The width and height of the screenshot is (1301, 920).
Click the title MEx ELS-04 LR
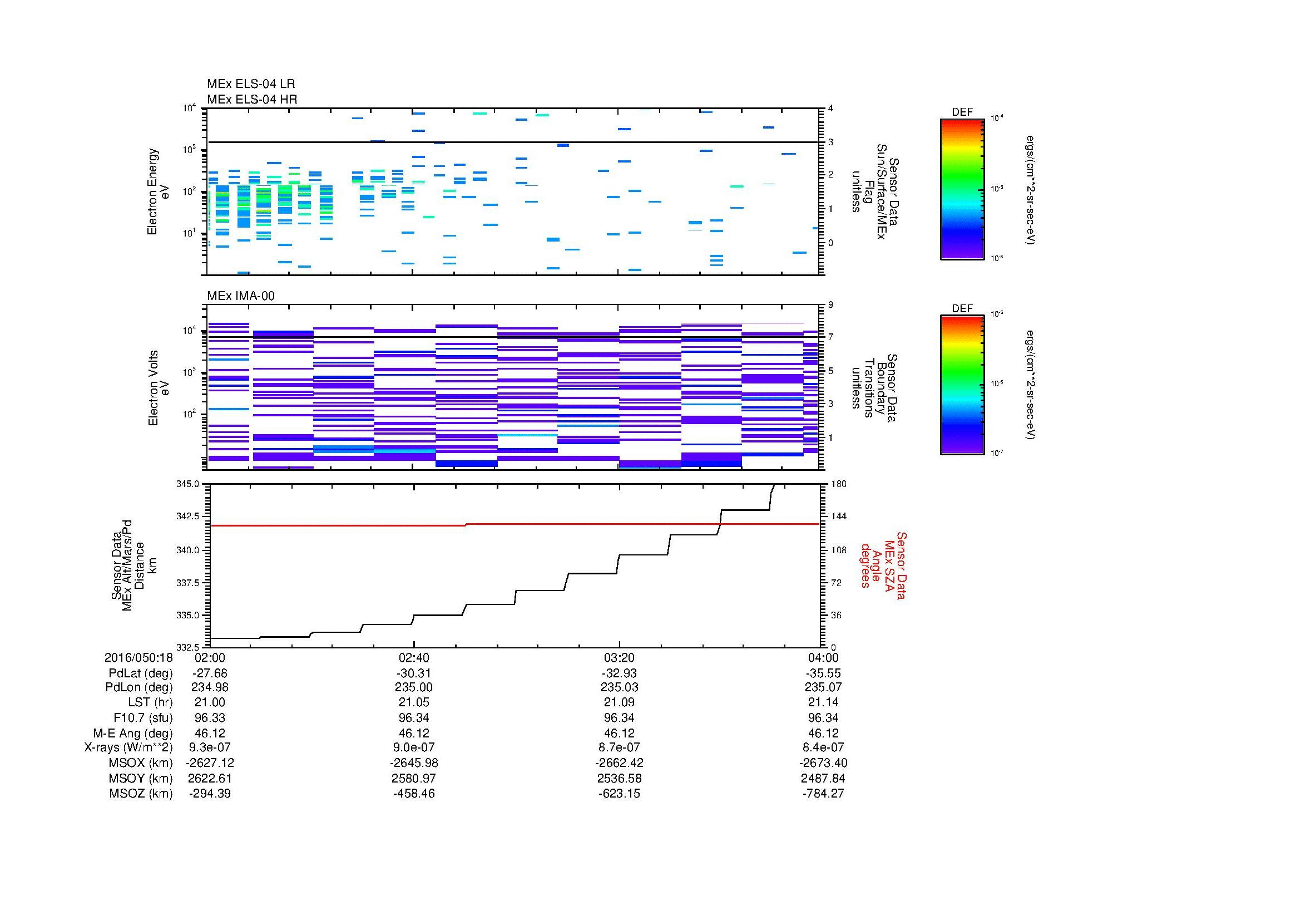pyautogui.click(x=250, y=84)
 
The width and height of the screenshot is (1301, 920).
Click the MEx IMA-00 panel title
pyautogui.click(x=240, y=296)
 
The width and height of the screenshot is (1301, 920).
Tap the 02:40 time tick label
pyautogui.click(x=414, y=658)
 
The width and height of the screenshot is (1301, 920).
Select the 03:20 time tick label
pyautogui.click(x=619, y=658)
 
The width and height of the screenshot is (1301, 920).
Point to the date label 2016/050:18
pyautogui.click(x=138, y=658)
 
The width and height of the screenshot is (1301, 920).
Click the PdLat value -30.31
pyautogui.click(x=414, y=673)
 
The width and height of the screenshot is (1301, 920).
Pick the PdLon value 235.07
pyautogui.click(x=824, y=687)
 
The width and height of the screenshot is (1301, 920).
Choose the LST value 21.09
pyautogui.click(x=619, y=702)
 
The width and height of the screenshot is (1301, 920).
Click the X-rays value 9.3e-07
pyautogui.click(x=210, y=747)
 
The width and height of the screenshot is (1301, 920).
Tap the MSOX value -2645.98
pyautogui.click(x=414, y=763)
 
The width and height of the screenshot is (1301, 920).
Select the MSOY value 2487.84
pyautogui.click(x=824, y=778)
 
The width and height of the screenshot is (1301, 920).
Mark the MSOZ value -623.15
pyautogui.click(x=619, y=794)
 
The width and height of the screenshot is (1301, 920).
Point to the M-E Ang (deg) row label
pyautogui.click(x=132, y=733)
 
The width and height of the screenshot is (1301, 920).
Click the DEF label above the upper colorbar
pyautogui.click(x=962, y=112)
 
